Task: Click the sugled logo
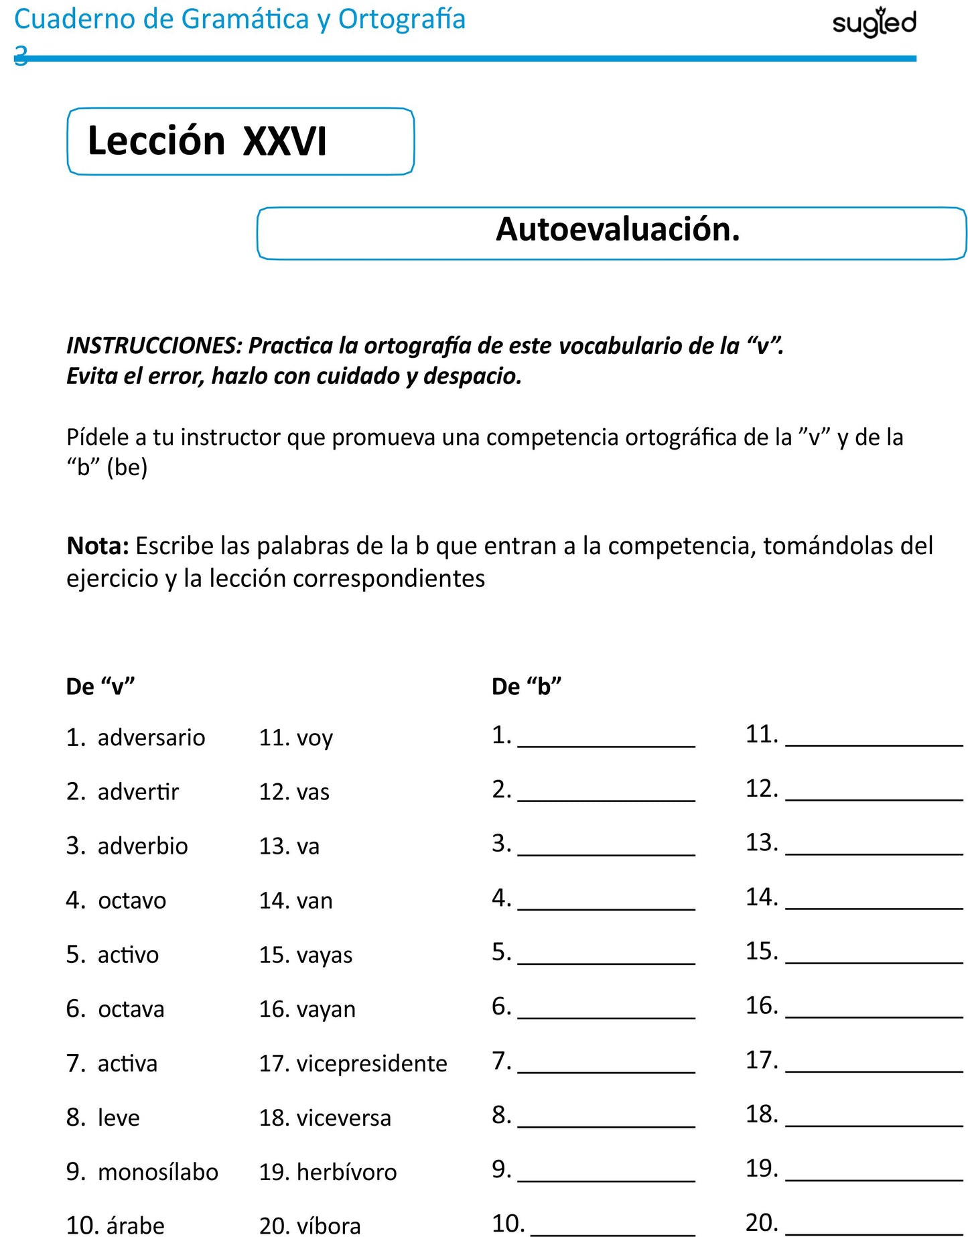tap(874, 23)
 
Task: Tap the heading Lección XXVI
tap(207, 141)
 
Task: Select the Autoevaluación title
tap(617, 230)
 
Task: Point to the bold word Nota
tap(97, 546)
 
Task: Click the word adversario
tap(151, 738)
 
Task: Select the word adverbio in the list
tap(143, 846)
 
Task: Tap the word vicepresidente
tap(372, 1063)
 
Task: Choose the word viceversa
tap(344, 1118)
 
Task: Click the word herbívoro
tap(346, 1172)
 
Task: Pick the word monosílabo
tap(158, 1172)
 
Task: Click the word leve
tap(119, 1118)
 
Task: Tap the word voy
tap(314, 738)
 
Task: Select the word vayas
tap(324, 955)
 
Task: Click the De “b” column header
tap(526, 687)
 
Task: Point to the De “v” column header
tap(100, 687)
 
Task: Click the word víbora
tap(328, 1226)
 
